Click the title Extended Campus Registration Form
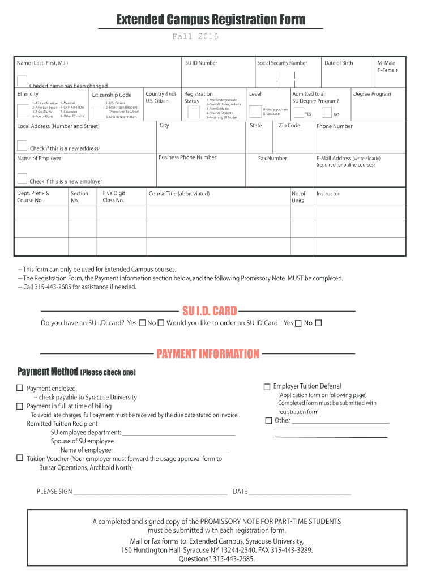point(211,20)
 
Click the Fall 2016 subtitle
point(195,37)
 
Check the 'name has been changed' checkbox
point(22,80)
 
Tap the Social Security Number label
point(282,63)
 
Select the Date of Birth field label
point(339,63)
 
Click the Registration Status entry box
point(193,112)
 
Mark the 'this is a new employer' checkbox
point(22,178)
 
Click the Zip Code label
point(289,126)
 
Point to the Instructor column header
point(328,194)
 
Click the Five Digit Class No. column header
point(113,197)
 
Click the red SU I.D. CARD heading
point(209,311)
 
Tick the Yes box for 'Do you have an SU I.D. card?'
point(142,323)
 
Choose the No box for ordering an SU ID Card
point(318,323)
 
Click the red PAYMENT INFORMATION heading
point(208,354)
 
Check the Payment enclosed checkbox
point(20,388)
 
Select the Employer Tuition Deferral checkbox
point(267,386)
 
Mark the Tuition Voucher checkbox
point(20,458)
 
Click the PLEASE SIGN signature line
point(150,492)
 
